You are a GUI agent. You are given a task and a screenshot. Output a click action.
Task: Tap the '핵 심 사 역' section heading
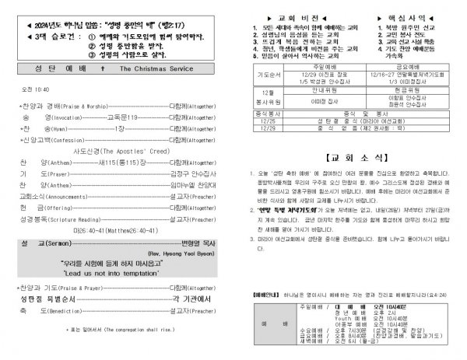point(410,16)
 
